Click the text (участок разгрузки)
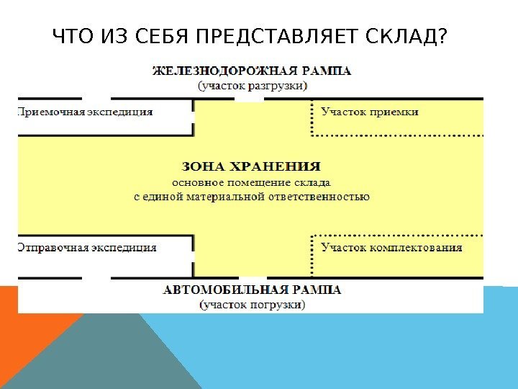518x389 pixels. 253,84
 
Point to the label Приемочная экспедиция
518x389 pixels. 85,112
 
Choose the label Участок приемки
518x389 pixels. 370,112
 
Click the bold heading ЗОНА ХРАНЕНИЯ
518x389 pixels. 252,166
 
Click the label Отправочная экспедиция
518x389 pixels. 86,248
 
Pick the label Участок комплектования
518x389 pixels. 391,248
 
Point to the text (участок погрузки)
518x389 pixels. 252,304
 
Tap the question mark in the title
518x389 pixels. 441,36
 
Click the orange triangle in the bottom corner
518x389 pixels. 32,339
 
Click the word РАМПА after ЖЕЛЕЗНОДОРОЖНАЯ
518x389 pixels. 327,71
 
